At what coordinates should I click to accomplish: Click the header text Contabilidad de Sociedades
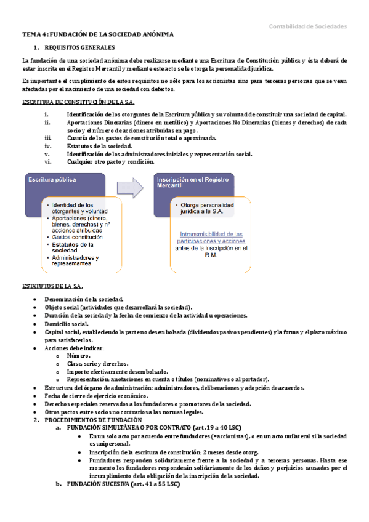307,26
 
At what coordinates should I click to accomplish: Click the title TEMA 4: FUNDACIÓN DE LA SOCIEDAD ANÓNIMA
97,34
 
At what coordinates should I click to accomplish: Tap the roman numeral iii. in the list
47,139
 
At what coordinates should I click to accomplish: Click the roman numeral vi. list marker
47,162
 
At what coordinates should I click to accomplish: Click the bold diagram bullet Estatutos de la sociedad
74,247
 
